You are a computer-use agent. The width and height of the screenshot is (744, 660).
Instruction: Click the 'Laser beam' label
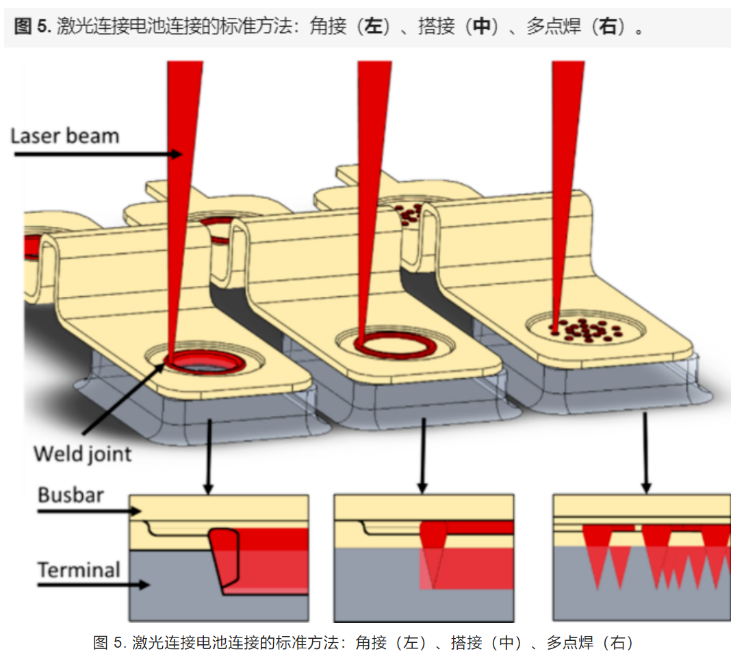pyautogui.click(x=65, y=135)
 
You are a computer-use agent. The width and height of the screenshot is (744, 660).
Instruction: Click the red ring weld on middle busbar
pyautogui.click(x=396, y=346)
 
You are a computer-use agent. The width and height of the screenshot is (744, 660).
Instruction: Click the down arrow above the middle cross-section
pyautogui.click(x=424, y=455)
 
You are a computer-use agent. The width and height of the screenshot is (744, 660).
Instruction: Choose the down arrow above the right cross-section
pyautogui.click(x=644, y=451)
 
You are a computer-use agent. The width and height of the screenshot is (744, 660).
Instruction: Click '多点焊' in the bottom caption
pyautogui.click(x=565, y=642)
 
